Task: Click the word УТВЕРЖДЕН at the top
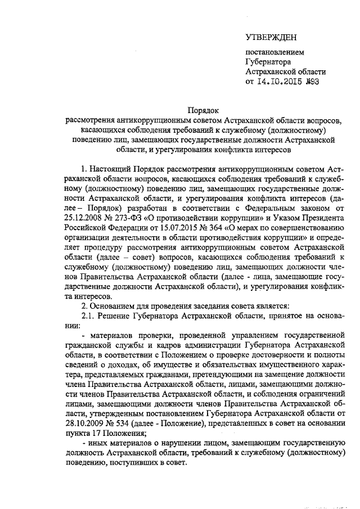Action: (x=271, y=37)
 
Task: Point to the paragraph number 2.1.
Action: (x=91, y=317)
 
